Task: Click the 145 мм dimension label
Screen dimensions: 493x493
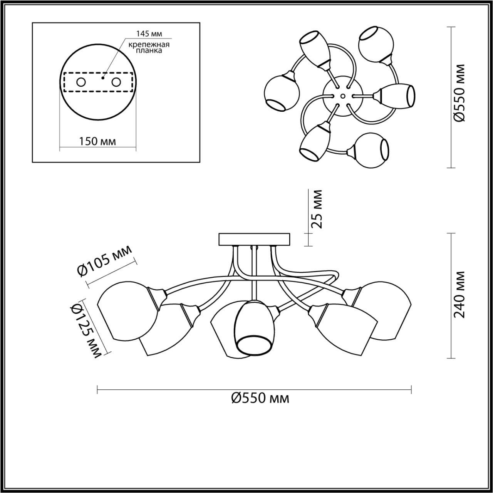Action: [x=149, y=34]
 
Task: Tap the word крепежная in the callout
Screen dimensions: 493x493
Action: [x=149, y=45]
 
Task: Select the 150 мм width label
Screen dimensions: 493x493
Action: [x=97, y=141]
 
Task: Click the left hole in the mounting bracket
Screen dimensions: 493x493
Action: [x=81, y=82]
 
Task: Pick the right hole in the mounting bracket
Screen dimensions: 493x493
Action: [x=116, y=82]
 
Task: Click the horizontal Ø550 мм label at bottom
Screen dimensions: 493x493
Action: [x=260, y=405]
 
